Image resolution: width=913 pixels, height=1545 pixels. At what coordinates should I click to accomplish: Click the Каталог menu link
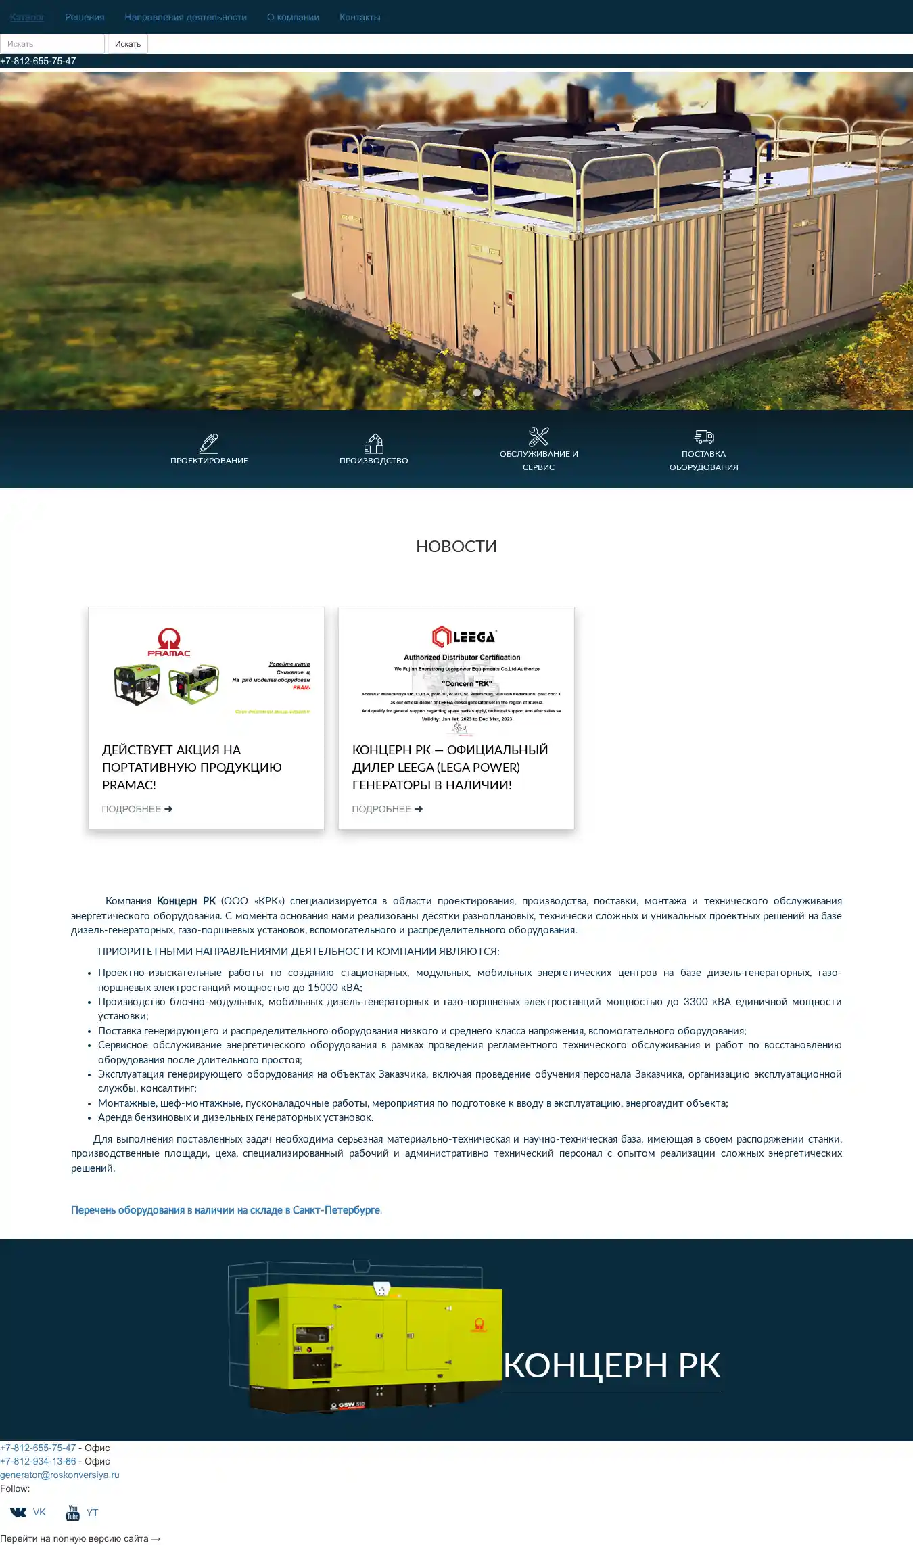point(27,17)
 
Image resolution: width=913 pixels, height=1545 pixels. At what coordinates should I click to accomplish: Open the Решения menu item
point(85,17)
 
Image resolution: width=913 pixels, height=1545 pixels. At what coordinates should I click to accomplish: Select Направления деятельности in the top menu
point(185,17)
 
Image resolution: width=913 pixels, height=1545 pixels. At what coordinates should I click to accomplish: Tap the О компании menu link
point(293,17)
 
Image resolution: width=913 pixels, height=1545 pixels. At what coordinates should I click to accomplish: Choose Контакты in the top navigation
point(360,17)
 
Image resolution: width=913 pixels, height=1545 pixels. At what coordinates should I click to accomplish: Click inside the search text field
point(52,44)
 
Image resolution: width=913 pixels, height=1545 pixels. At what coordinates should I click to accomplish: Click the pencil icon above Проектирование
point(209,443)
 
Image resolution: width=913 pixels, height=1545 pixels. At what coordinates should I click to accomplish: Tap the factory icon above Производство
point(374,443)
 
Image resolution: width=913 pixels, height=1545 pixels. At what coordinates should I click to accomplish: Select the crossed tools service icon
point(538,436)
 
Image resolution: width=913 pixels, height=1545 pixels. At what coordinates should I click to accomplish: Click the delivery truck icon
point(704,436)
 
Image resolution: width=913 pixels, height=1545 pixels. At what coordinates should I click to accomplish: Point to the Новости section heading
point(456,546)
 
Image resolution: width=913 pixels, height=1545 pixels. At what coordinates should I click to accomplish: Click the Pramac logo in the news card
point(169,642)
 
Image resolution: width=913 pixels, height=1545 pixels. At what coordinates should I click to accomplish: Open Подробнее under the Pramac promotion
point(137,809)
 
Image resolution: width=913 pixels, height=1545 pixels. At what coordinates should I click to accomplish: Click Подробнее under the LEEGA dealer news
point(388,809)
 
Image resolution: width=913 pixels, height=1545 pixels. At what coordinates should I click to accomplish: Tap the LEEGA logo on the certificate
point(464,637)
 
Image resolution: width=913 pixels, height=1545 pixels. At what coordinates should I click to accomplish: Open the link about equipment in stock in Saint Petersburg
point(226,1210)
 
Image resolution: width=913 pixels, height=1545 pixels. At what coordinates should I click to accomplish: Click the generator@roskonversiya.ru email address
point(60,1475)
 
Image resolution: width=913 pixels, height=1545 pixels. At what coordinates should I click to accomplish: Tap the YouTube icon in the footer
point(73,1513)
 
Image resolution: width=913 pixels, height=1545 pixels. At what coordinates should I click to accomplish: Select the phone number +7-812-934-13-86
point(38,1461)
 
